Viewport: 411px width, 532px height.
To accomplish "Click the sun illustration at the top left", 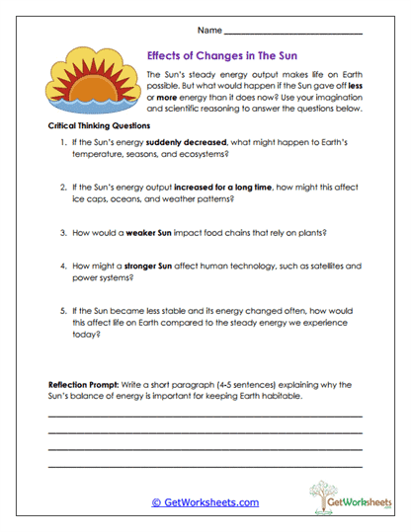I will (88, 81).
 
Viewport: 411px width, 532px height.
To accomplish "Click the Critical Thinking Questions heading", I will (99, 126).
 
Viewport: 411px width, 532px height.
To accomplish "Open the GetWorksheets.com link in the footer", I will (205, 501).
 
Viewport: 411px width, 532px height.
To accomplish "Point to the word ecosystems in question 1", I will (207, 155).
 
